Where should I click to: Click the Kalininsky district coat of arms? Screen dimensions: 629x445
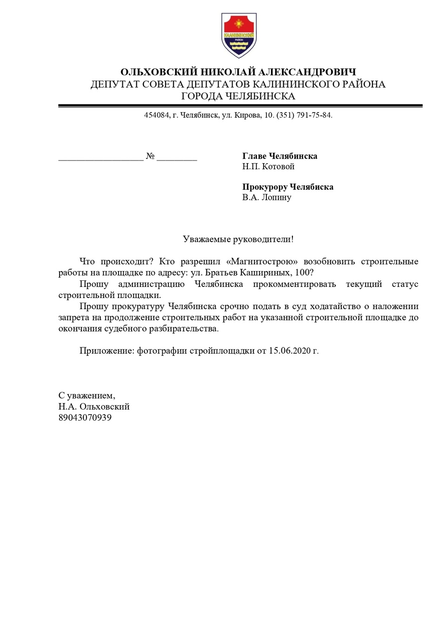pyautogui.click(x=239, y=35)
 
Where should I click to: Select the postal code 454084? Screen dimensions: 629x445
pyautogui.click(x=157, y=115)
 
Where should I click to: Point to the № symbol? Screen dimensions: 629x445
pyautogui.click(x=150, y=156)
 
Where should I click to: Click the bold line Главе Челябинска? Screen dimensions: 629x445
pyautogui.click(x=279, y=156)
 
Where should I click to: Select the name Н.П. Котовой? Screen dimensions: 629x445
pyautogui.click(x=268, y=166)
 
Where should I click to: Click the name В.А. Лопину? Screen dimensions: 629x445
pyautogui.click(x=266, y=197)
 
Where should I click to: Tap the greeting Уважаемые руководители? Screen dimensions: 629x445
pyautogui.click(x=238, y=239)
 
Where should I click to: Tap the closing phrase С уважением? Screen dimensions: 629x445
pyautogui.click(x=86, y=396)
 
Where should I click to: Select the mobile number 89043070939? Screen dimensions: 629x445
pyautogui.click(x=85, y=417)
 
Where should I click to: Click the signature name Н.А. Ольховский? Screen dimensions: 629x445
pyautogui.click(x=94, y=407)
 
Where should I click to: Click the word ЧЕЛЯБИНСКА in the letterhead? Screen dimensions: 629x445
pyautogui.click(x=260, y=96)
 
